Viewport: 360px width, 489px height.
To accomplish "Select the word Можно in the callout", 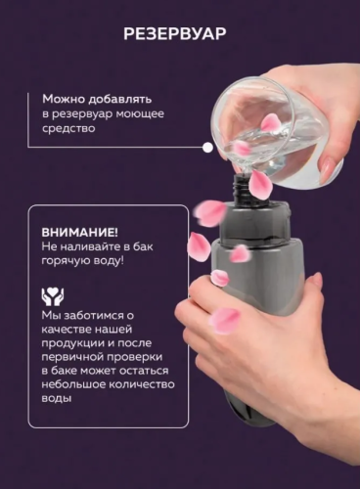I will pyautogui.click(x=63, y=99).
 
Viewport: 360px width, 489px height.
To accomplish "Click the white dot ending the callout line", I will pyautogui.click(x=207, y=148).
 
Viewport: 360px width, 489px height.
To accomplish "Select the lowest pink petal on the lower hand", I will pyautogui.click(x=224, y=320).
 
